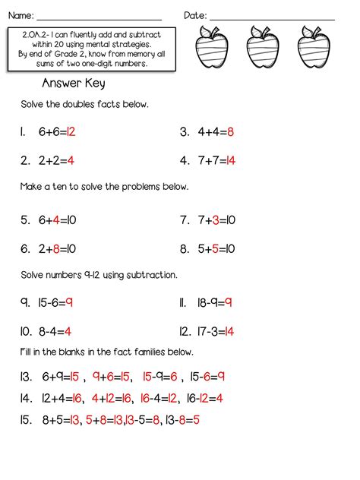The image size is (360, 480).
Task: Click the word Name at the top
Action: pyautogui.click(x=21, y=15)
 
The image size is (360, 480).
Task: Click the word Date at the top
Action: pyautogui.click(x=194, y=15)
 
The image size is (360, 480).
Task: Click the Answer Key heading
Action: pyautogui.click(x=74, y=84)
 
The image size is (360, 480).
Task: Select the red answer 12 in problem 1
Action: pyautogui.click(x=71, y=132)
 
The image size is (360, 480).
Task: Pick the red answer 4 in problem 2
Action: pyautogui.click(x=70, y=160)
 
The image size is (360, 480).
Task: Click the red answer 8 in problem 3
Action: pyautogui.click(x=230, y=132)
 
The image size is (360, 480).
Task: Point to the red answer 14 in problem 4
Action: pyautogui.click(x=230, y=160)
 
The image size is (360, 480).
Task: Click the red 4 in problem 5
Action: pyautogui.click(x=55, y=220)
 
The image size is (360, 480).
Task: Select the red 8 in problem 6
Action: pyautogui.click(x=56, y=248)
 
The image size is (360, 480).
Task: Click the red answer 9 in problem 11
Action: pyautogui.click(x=228, y=302)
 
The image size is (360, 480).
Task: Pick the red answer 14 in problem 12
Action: pyautogui.click(x=229, y=331)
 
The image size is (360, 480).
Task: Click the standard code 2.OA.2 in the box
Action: pyautogui.click(x=36, y=35)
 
